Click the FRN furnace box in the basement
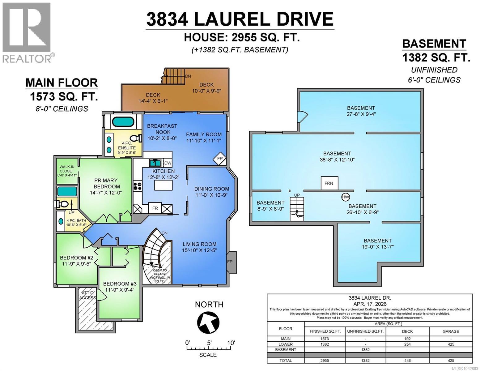click(x=329, y=183)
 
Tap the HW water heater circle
click(x=345, y=197)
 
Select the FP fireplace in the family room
click(x=220, y=159)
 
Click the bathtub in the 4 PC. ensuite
click(x=123, y=122)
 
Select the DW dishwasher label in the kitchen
click(x=168, y=163)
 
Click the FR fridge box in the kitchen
click(x=155, y=208)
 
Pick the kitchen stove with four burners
click(x=138, y=186)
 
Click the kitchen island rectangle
click(x=164, y=185)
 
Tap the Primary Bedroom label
click(x=106, y=183)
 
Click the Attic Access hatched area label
click(x=87, y=295)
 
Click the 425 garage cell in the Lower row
click(x=451, y=344)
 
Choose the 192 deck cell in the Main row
click(x=407, y=339)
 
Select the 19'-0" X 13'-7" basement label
click(x=377, y=244)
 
